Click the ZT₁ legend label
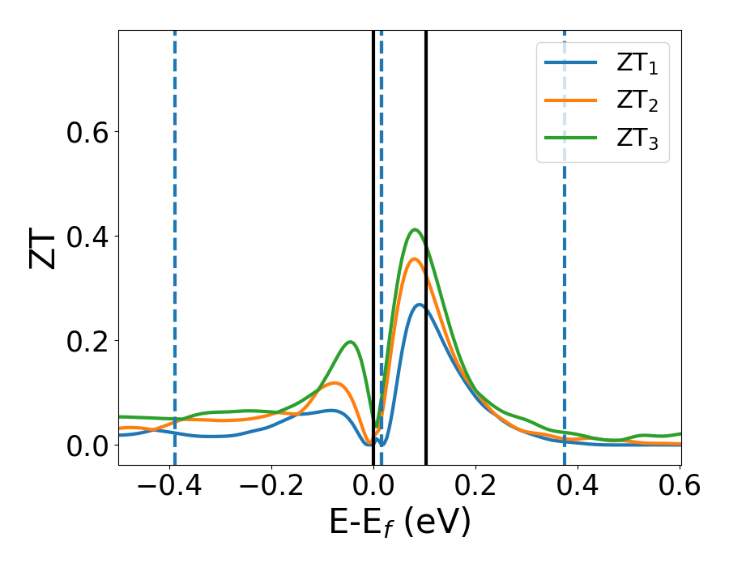[637, 64]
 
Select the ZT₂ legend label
[637, 101]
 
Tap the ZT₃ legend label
[637, 139]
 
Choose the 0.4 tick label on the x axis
[577, 486]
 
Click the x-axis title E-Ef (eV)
[399, 523]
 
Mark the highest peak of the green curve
[415, 229]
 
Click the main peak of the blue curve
[419, 305]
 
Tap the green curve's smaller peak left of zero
[350, 342]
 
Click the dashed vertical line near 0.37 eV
[564, 243]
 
